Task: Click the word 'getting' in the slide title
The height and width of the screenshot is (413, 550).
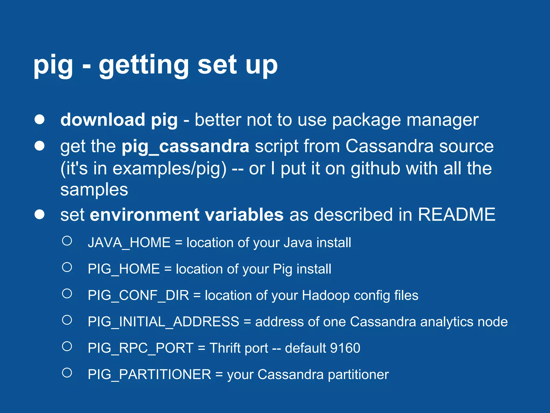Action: (x=144, y=65)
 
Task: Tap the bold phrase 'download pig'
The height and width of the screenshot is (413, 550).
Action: (x=119, y=120)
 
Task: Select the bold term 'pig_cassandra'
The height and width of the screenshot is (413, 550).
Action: (x=185, y=147)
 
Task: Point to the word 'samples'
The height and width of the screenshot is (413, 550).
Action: (x=94, y=190)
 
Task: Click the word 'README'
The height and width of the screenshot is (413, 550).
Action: (x=456, y=215)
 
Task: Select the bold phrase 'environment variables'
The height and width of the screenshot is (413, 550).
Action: (x=187, y=215)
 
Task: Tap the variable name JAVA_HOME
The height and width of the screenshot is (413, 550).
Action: (x=129, y=243)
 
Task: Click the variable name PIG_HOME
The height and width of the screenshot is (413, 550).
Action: (x=124, y=269)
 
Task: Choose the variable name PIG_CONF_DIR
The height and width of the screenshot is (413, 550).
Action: (x=138, y=295)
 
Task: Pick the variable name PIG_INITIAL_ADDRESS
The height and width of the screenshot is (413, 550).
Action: (x=163, y=322)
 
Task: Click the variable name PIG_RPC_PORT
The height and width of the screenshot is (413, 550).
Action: (x=140, y=348)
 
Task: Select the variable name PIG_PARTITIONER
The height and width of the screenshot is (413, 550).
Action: (x=149, y=375)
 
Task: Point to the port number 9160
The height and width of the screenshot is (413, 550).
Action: (x=345, y=348)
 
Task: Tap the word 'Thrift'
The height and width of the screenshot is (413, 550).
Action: (x=225, y=348)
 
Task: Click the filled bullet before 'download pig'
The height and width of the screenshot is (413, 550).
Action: (x=39, y=119)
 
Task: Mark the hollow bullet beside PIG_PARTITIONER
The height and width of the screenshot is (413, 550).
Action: (x=67, y=373)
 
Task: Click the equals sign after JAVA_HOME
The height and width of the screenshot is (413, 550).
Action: (x=178, y=243)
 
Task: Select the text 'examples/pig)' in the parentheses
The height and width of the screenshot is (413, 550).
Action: (x=169, y=169)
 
